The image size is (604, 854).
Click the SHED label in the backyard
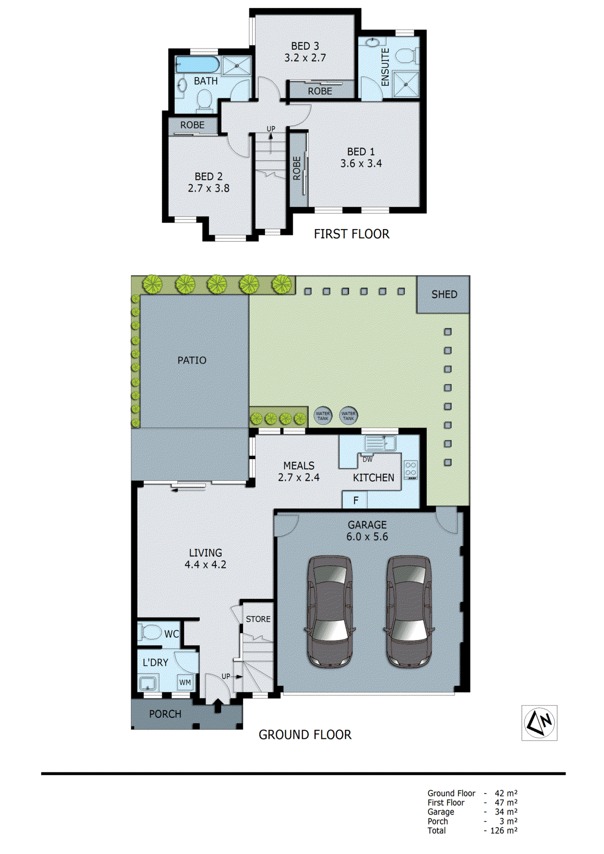[444, 294]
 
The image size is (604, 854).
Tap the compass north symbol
[539, 723]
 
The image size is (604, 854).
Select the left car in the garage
[330, 611]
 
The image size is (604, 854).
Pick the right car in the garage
[409, 611]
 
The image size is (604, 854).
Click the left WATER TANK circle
[323, 415]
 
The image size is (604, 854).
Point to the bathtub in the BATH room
[197, 65]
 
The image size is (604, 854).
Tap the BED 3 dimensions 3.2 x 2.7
[305, 58]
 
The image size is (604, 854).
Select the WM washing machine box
[185, 682]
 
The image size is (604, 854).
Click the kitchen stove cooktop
[411, 469]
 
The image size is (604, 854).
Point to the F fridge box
[356, 500]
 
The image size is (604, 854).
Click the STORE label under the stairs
[258, 619]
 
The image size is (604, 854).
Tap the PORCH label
[165, 714]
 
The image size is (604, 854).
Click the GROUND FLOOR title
[305, 734]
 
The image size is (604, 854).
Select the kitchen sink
[380, 442]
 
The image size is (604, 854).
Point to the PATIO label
[192, 360]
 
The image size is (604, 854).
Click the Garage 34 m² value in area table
[506, 812]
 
